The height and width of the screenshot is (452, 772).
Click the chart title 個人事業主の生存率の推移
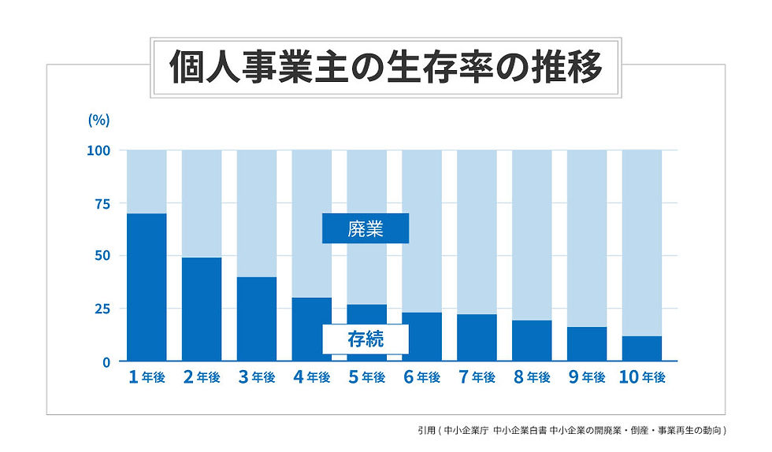pyautogui.click(x=385, y=69)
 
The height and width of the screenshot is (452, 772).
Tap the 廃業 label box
pyautogui.click(x=366, y=228)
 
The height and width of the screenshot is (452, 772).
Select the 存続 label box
pyautogui.click(x=366, y=339)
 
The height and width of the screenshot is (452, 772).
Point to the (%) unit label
pyautogui.click(x=98, y=120)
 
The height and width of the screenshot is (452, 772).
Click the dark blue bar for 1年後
pyautogui.click(x=147, y=287)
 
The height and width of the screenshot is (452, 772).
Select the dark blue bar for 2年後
pyautogui.click(x=202, y=309)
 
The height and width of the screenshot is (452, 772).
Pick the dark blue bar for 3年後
pyautogui.click(x=257, y=319)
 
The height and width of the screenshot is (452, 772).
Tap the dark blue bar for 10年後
pyautogui.click(x=642, y=349)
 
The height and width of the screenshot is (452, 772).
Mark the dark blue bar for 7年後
pyautogui.click(x=477, y=338)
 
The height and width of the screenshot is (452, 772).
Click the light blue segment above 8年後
pyautogui.click(x=532, y=235)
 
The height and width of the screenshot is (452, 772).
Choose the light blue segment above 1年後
pyautogui.click(x=147, y=181)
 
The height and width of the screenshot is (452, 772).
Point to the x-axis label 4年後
pyautogui.click(x=312, y=378)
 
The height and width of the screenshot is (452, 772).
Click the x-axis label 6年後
pyautogui.click(x=421, y=378)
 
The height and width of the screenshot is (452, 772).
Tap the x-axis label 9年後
pyautogui.click(x=587, y=378)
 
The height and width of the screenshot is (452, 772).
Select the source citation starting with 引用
pyautogui.click(x=571, y=431)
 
